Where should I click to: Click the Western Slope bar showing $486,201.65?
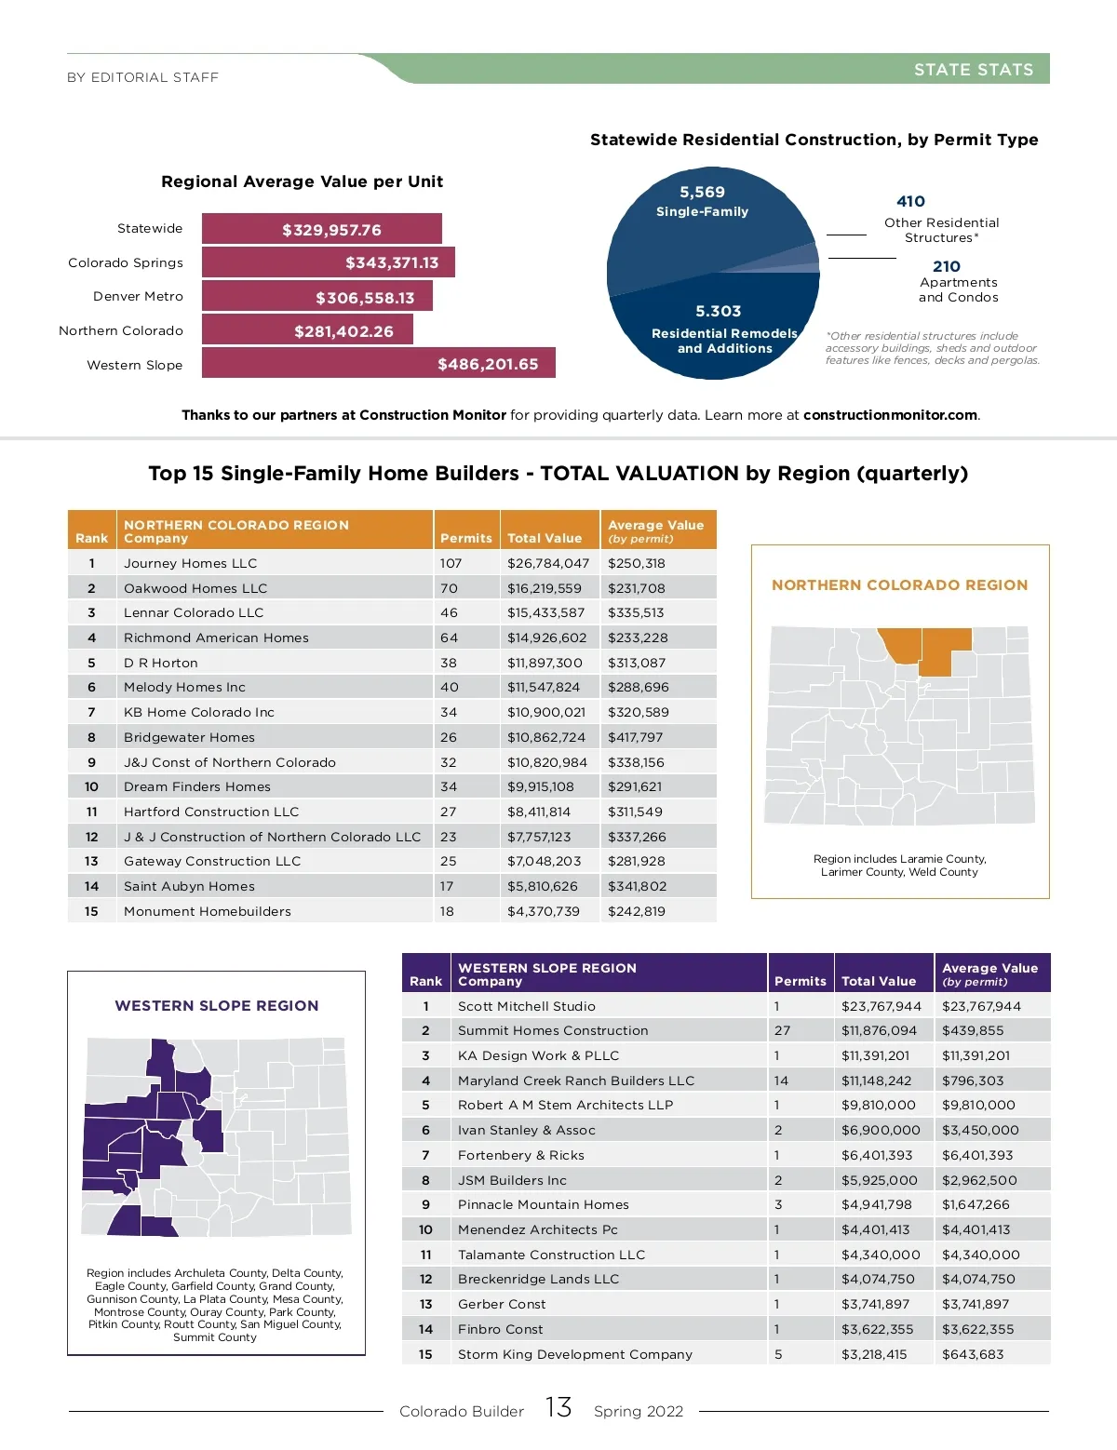click(378, 363)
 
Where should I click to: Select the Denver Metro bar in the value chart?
click(316, 297)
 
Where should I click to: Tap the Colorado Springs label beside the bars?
click(126, 262)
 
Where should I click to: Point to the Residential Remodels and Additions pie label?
click(724, 341)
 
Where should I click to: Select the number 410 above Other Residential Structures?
click(910, 201)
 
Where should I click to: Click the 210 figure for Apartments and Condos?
click(946, 266)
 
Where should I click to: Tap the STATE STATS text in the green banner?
click(973, 70)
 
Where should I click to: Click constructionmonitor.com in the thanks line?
click(890, 415)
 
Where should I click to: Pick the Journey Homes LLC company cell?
click(191, 563)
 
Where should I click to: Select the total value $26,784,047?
click(547, 563)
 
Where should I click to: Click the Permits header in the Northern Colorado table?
click(465, 538)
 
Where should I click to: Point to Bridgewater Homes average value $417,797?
click(637, 737)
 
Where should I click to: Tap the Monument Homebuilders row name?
click(208, 911)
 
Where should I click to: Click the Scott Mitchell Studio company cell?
click(527, 1006)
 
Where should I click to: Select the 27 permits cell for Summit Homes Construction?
click(782, 1030)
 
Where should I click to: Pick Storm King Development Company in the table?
click(575, 1354)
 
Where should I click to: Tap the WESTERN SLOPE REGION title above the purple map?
click(216, 1006)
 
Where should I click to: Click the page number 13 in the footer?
click(558, 1407)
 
